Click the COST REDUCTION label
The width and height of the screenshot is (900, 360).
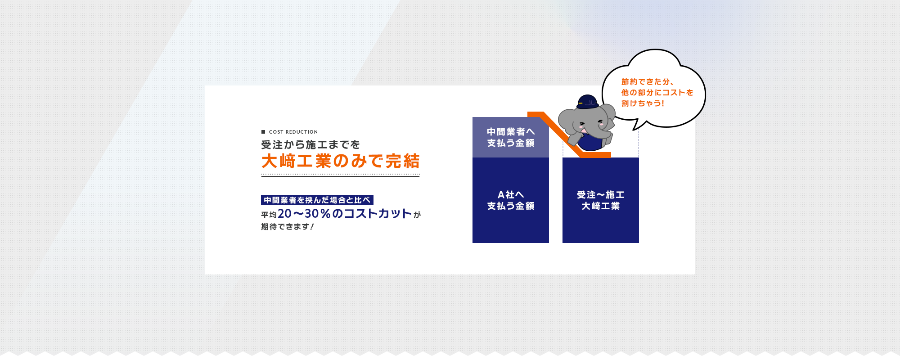(293, 132)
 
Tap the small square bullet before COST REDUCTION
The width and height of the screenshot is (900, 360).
(263, 132)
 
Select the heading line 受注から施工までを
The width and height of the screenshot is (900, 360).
(310, 145)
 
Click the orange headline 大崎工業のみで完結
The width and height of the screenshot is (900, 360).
(340, 161)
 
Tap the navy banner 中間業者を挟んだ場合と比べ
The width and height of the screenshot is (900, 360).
(317, 200)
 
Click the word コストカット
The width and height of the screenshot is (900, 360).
(378, 214)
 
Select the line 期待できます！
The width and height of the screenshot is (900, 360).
(288, 227)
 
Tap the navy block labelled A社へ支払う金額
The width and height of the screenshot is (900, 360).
(511, 200)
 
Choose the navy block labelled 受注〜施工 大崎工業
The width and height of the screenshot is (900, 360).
(601, 200)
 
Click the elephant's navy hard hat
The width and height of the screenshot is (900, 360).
(588, 102)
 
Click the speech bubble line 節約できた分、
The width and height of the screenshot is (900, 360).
(647, 82)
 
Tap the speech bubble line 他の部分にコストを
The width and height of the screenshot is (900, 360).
(657, 93)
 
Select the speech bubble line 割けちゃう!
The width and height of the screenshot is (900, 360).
(643, 103)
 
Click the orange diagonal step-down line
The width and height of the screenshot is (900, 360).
(562, 135)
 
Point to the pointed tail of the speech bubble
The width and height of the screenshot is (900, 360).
(634, 130)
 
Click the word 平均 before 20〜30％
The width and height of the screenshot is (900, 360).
(269, 215)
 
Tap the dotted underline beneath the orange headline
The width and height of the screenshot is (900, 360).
(340, 174)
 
